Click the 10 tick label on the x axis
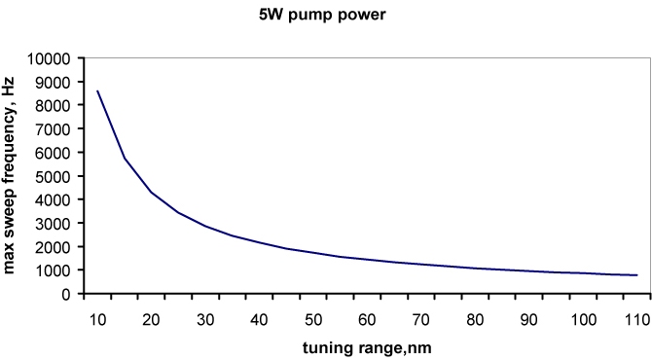(x=96, y=318)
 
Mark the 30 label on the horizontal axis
(x=204, y=318)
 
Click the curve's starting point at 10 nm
(x=96, y=91)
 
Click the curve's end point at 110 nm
(x=636, y=275)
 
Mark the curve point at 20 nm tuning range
(x=151, y=193)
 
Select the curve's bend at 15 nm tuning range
(x=124, y=158)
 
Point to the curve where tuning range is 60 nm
(x=367, y=260)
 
